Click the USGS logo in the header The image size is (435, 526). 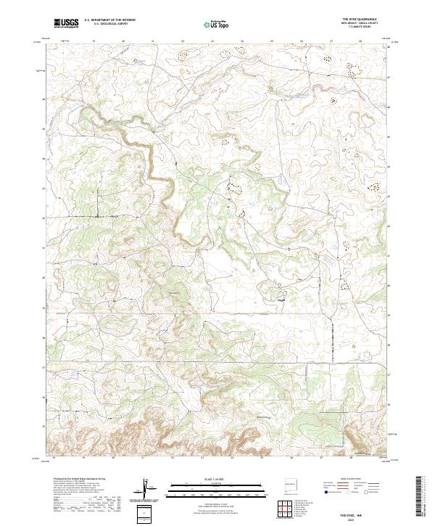pos(65,23)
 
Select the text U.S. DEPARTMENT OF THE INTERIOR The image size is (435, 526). pos(109,20)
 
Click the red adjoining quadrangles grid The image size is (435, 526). pos(286,508)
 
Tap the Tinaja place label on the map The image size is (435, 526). pos(282,297)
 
